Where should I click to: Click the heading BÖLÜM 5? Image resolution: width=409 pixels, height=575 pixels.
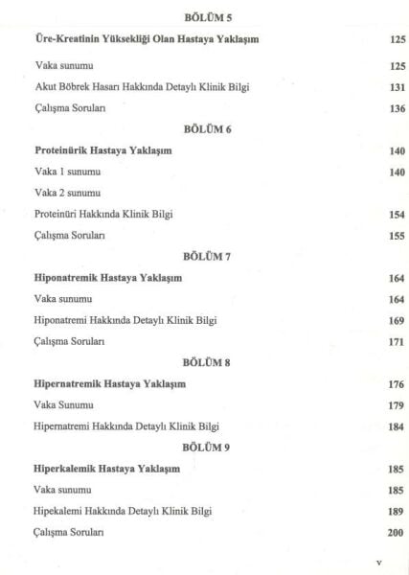coord(205,18)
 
